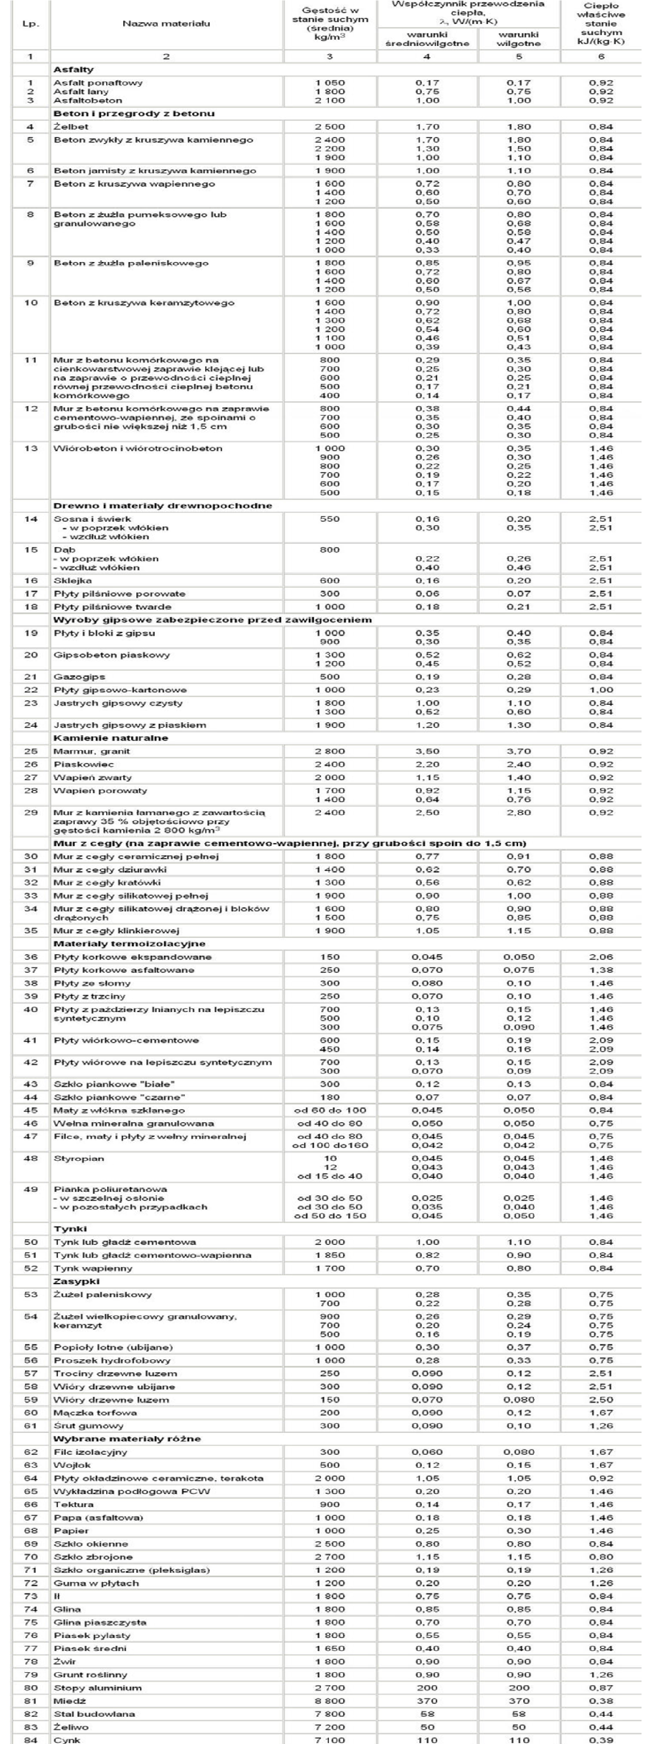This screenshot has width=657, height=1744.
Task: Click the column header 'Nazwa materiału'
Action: (x=166, y=24)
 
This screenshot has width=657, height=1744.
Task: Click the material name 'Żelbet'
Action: (x=71, y=126)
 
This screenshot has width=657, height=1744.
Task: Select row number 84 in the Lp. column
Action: (x=31, y=1740)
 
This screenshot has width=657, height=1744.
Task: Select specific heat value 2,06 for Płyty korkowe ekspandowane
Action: (x=601, y=957)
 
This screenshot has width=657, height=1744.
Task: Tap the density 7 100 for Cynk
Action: (x=329, y=1740)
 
